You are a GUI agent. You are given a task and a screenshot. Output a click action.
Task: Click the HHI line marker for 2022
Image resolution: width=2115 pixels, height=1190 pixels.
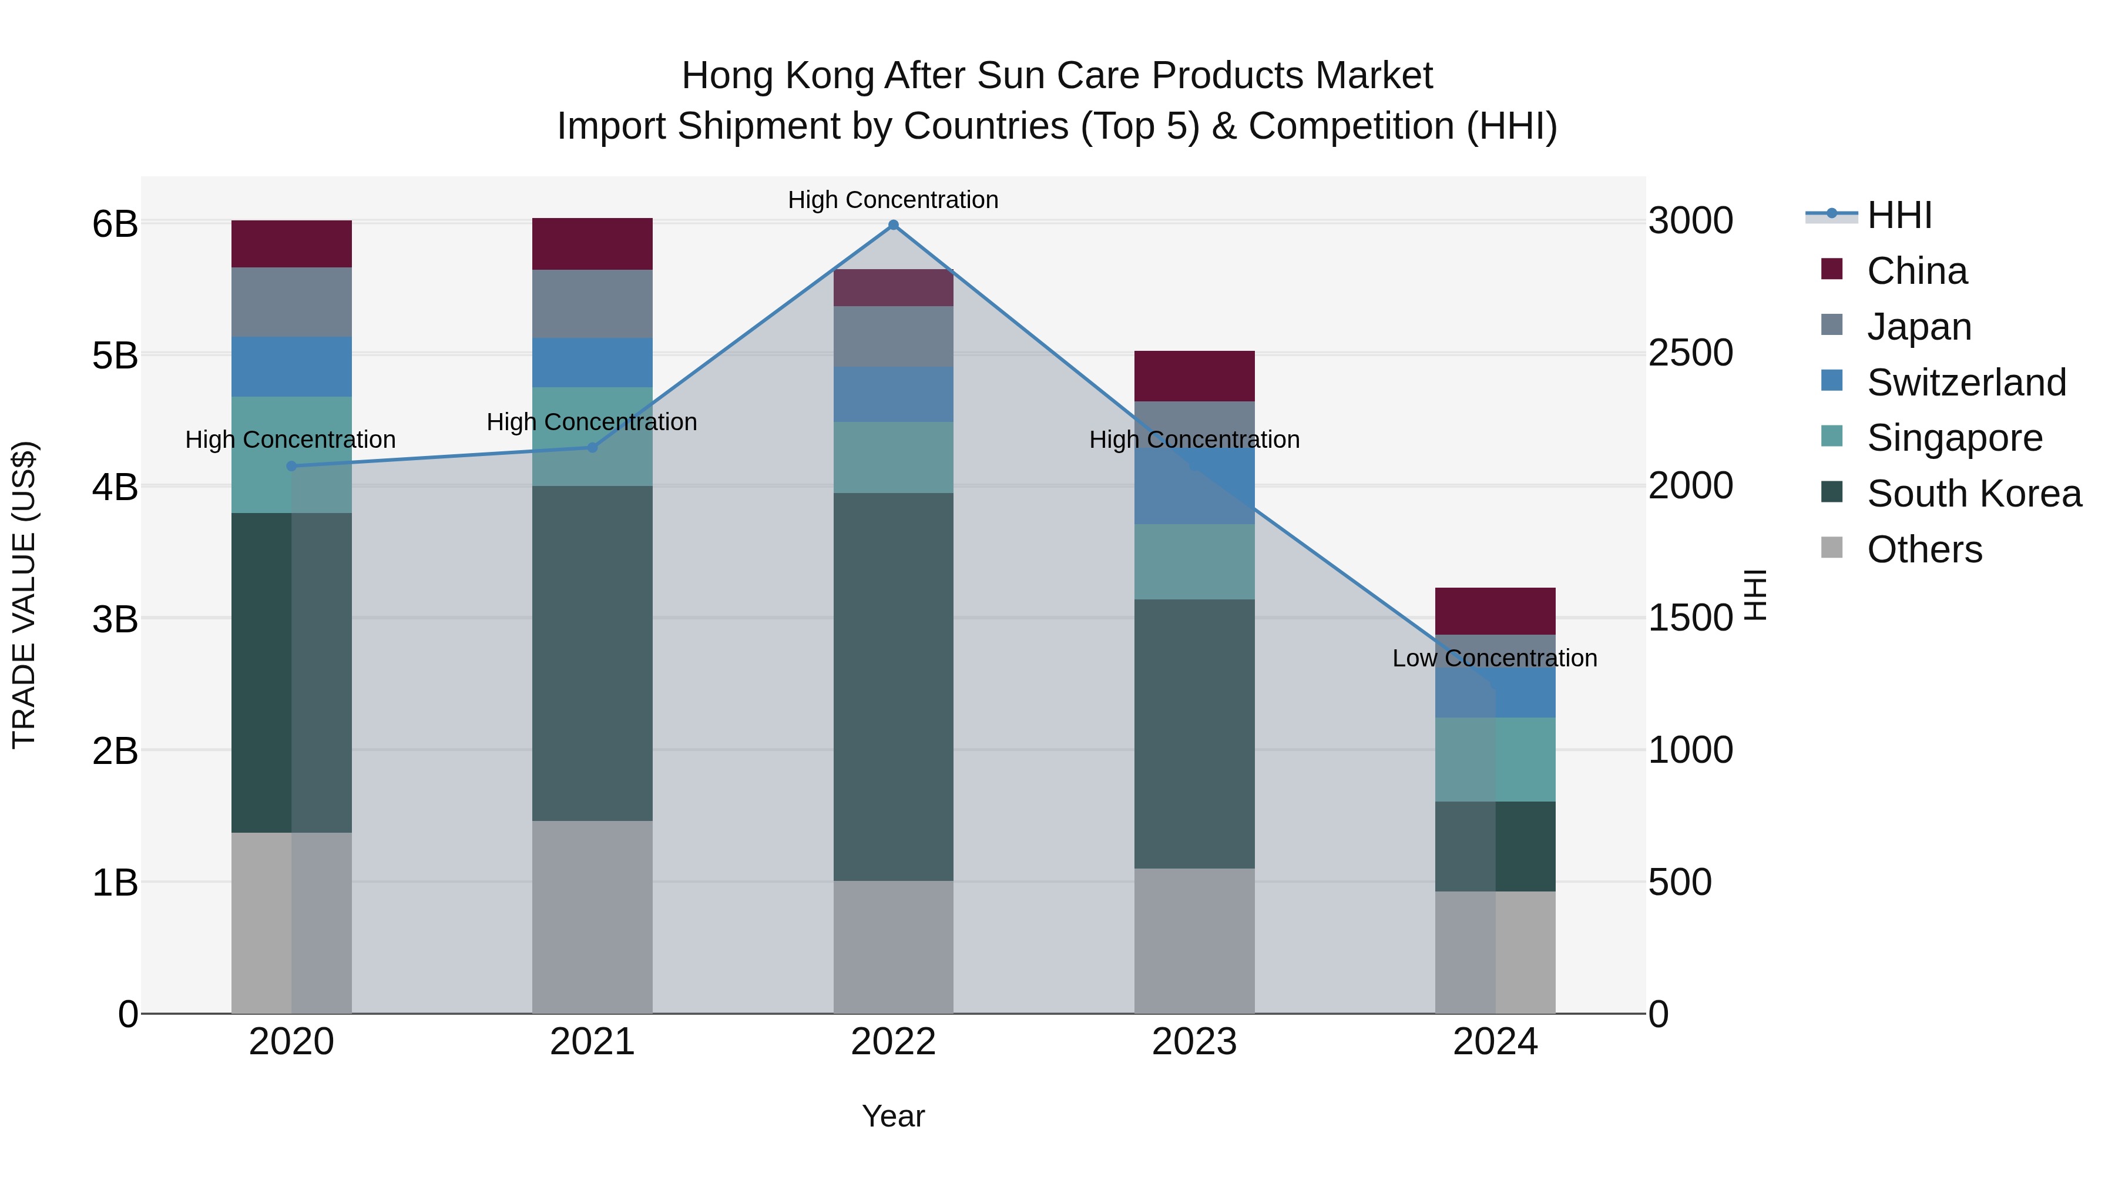tap(893, 225)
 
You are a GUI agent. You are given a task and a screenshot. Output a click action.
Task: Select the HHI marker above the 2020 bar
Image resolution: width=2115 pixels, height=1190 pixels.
tap(291, 467)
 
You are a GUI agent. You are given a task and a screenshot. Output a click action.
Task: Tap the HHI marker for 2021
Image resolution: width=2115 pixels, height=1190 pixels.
tap(592, 448)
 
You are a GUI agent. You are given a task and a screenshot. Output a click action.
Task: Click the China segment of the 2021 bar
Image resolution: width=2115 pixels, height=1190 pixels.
tap(592, 244)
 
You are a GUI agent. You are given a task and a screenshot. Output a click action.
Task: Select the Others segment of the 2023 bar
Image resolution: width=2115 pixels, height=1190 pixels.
tap(1194, 941)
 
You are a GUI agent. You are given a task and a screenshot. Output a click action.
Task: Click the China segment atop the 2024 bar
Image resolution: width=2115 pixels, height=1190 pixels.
tap(1495, 611)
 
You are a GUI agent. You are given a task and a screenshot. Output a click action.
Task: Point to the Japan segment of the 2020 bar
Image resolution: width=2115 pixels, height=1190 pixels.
tap(291, 302)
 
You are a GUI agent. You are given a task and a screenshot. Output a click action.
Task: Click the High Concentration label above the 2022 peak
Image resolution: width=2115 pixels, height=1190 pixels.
tap(892, 200)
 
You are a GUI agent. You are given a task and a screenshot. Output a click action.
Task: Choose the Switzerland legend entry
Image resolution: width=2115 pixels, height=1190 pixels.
tap(1966, 383)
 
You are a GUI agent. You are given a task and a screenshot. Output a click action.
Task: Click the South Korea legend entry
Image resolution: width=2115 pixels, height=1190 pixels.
tap(1974, 494)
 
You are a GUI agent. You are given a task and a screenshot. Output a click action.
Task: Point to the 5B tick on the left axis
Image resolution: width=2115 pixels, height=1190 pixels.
tap(115, 356)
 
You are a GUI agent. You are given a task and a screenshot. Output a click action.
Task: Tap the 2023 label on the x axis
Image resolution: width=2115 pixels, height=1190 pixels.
tap(1194, 1042)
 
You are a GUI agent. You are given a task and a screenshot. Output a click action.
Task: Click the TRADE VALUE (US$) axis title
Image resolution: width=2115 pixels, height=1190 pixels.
tap(25, 595)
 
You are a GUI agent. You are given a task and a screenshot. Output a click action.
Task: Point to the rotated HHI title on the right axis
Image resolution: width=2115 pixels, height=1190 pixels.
tap(1754, 595)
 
